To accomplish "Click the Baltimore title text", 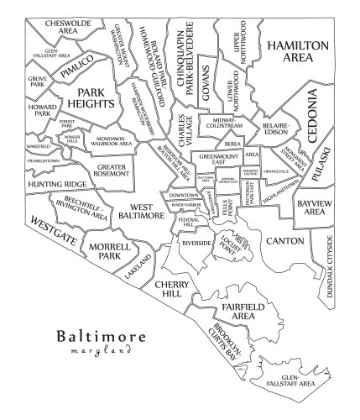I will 102,337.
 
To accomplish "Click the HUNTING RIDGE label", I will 57,183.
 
